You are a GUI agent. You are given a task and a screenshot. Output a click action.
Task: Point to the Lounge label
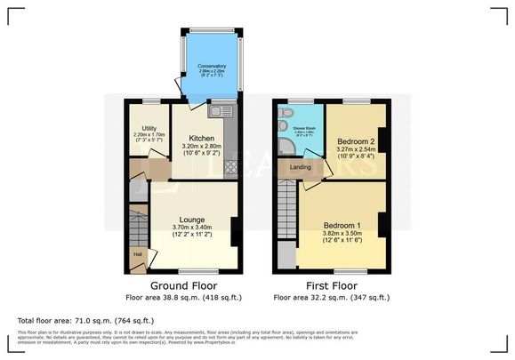point(192,220)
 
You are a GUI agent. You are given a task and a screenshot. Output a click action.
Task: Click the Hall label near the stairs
point(138,254)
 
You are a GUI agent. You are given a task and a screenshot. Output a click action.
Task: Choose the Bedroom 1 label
point(342,225)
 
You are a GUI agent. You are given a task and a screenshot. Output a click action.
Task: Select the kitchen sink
point(220,111)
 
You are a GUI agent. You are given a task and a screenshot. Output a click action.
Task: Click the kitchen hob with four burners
point(230,166)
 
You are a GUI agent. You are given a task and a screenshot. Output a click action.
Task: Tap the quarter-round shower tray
point(285,148)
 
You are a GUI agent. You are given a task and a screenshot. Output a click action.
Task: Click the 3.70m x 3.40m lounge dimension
point(192,229)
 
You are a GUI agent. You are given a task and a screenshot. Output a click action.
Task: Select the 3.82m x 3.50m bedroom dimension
point(342,235)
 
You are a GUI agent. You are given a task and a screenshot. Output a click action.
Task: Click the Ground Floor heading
point(185,284)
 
